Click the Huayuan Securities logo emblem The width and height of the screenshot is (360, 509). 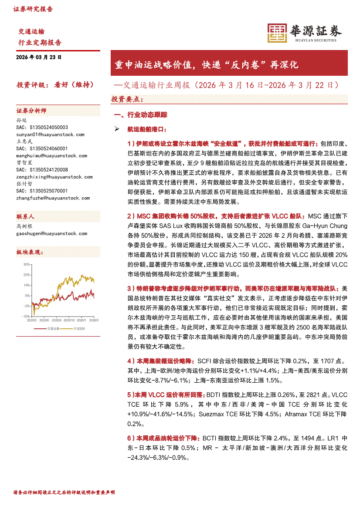(x=276, y=33)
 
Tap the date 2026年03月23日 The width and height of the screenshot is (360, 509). (x=39, y=57)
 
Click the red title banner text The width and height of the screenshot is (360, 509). (x=206, y=65)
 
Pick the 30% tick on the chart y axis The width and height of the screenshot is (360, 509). (x=27, y=264)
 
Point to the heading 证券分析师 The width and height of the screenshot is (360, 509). (x=31, y=111)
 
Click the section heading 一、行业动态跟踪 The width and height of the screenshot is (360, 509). (x=140, y=115)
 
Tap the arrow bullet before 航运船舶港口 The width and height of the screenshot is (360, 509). (x=116, y=129)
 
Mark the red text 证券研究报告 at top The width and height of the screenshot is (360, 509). (x=33, y=9)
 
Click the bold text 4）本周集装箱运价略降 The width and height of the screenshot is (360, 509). (x=161, y=361)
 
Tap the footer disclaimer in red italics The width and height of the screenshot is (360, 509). (x=64, y=492)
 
